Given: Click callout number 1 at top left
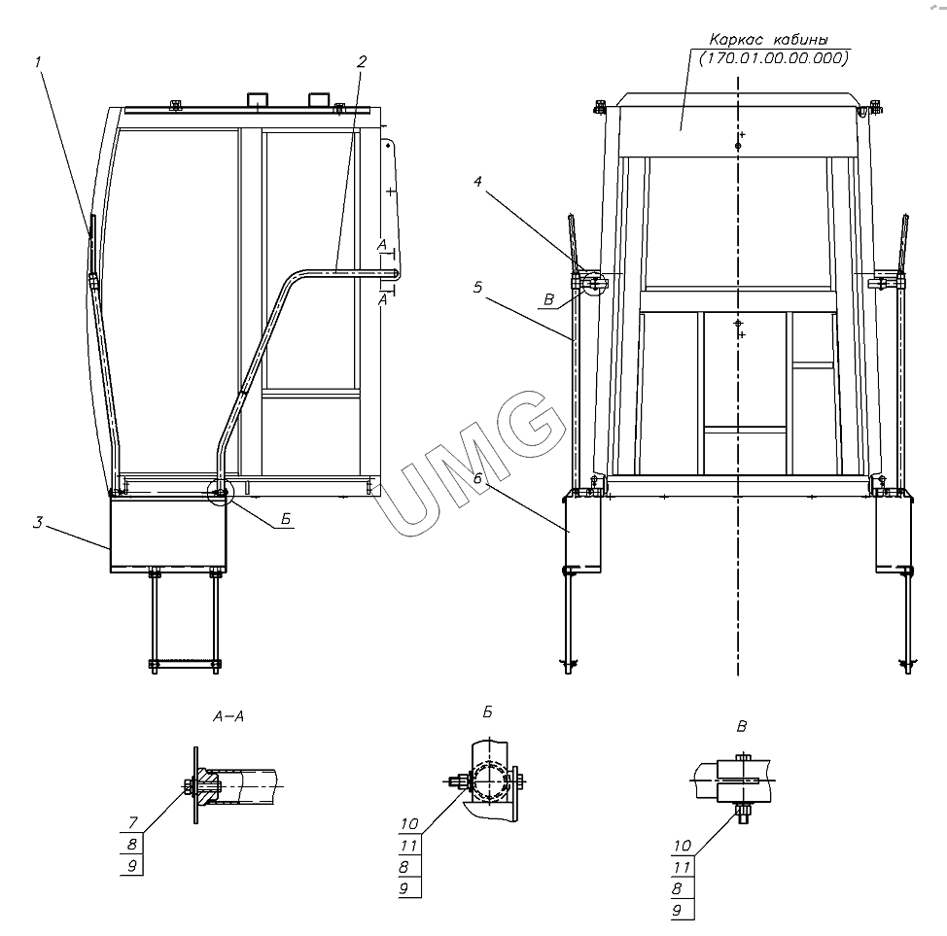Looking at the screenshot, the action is pyautogui.click(x=38, y=61).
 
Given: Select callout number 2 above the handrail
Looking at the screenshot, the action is pyautogui.click(x=362, y=61).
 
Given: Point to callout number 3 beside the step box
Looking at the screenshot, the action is pyautogui.click(x=38, y=522).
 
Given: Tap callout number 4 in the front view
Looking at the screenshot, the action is pyautogui.click(x=477, y=181).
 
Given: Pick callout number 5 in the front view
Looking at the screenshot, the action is pyautogui.click(x=477, y=287).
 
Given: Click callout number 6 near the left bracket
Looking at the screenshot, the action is pyautogui.click(x=477, y=462).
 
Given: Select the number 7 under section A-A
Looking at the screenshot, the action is pyautogui.click(x=133, y=822).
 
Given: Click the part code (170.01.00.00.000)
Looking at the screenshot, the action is pyautogui.click(x=774, y=58).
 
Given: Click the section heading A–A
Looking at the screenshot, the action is pyautogui.click(x=228, y=716).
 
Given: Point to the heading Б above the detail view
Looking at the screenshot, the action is pyautogui.click(x=487, y=712).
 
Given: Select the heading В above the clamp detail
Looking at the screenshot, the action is pyautogui.click(x=742, y=726).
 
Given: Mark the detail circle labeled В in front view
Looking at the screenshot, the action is pyautogui.click(x=595, y=283).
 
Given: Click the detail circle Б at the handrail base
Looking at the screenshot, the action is pyautogui.click(x=219, y=492).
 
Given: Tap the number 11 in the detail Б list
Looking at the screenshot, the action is pyautogui.click(x=409, y=846).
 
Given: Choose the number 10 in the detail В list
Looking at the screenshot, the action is pyautogui.click(x=683, y=846).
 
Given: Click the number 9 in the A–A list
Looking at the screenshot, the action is pyautogui.click(x=132, y=866).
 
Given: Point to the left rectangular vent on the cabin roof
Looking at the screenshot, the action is pyautogui.click(x=258, y=100).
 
